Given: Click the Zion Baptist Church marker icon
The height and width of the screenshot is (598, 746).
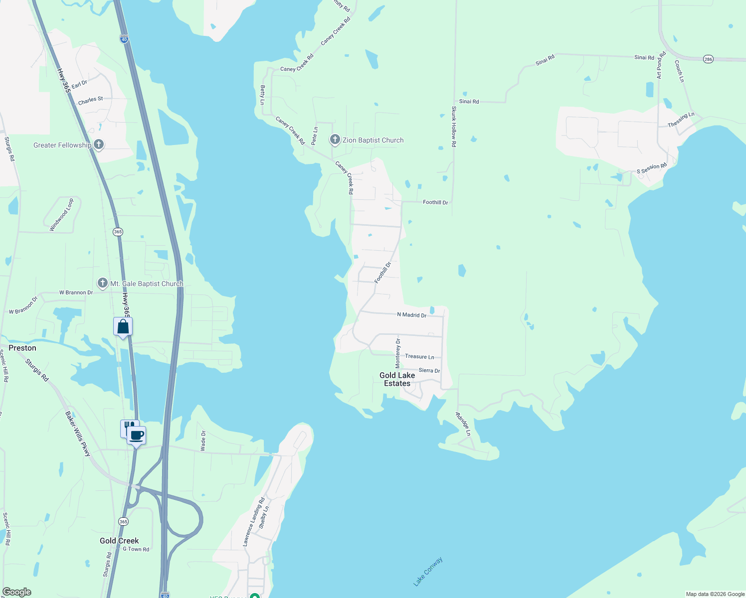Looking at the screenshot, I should click(x=335, y=140).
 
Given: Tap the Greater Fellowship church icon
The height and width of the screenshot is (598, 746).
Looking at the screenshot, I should click(x=99, y=145).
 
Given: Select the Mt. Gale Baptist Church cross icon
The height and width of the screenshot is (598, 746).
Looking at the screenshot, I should click(x=102, y=283).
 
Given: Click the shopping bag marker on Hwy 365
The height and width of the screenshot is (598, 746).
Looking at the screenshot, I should click(x=123, y=327).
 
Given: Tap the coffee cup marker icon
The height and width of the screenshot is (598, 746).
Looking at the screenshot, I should click(x=136, y=436).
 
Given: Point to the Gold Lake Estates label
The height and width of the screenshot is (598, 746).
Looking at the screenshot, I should click(x=397, y=379).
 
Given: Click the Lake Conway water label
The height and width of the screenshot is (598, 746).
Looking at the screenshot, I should click(x=428, y=572).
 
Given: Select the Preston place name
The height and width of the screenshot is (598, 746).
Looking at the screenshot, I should click(x=22, y=348).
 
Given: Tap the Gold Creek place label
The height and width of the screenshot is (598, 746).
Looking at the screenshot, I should click(x=119, y=541).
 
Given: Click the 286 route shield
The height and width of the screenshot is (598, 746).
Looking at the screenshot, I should click(x=708, y=59).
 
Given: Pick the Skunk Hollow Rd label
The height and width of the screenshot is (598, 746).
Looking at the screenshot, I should click(x=454, y=126).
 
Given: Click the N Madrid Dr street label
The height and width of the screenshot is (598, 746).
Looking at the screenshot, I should click(x=411, y=315).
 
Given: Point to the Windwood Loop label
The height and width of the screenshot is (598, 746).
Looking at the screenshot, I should click(x=62, y=215).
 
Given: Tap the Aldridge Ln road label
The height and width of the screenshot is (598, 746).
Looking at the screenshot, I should click(x=463, y=424).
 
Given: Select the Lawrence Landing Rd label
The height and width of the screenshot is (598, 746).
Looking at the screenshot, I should click(x=254, y=522).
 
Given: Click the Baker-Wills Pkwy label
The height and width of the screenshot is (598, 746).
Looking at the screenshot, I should click(x=78, y=434).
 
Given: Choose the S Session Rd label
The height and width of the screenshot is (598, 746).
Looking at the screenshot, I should click(x=652, y=168).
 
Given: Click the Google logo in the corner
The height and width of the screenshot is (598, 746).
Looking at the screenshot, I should click(x=17, y=592).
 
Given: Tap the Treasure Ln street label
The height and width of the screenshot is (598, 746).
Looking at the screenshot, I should click(x=419, y=356).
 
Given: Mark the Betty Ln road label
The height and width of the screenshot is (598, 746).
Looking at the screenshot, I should click(x=263, y=95).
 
